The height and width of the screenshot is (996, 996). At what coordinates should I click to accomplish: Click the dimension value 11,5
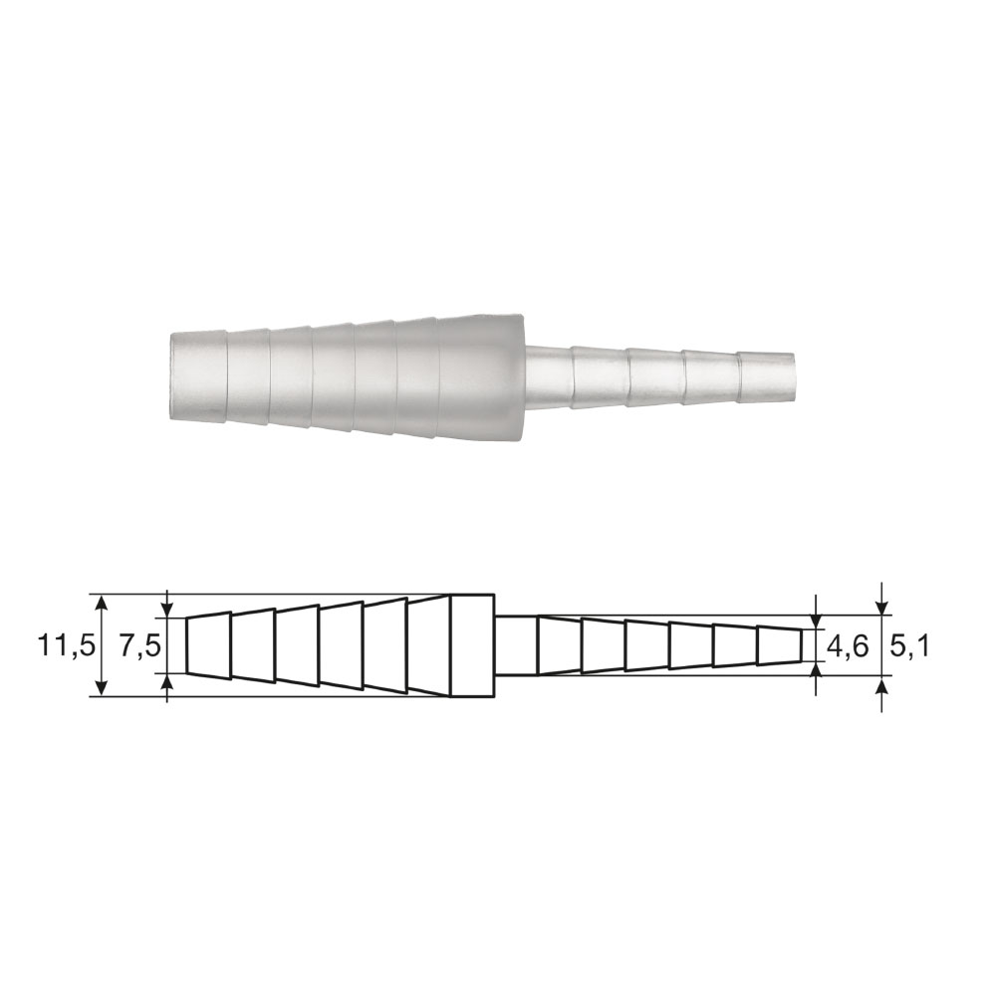click(66, 646)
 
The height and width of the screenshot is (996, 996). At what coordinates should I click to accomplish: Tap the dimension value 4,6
click(848, 646)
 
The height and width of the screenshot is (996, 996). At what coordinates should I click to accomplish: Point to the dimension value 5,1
click(908, 646)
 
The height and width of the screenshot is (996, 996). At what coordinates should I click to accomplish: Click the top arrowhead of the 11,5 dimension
click(102, 603)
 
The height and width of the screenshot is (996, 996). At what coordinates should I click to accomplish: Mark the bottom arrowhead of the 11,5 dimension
click(102, 688)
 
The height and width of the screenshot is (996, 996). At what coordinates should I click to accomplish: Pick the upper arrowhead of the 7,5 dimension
click(167, 609)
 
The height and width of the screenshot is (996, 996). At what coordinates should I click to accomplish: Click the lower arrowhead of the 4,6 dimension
click(817, 670)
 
